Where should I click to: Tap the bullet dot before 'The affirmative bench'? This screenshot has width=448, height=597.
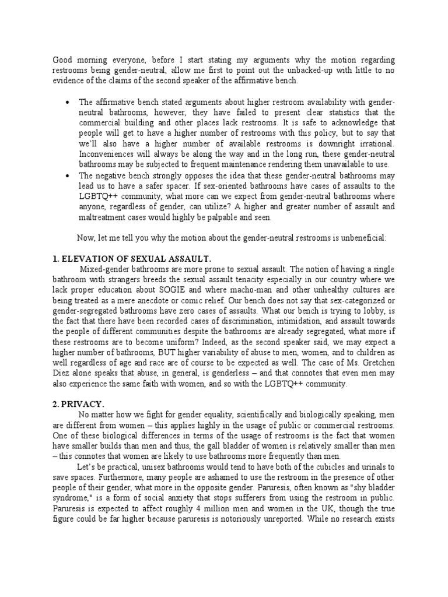(69, 101)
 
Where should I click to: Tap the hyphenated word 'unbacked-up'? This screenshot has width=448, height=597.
(317, 71)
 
